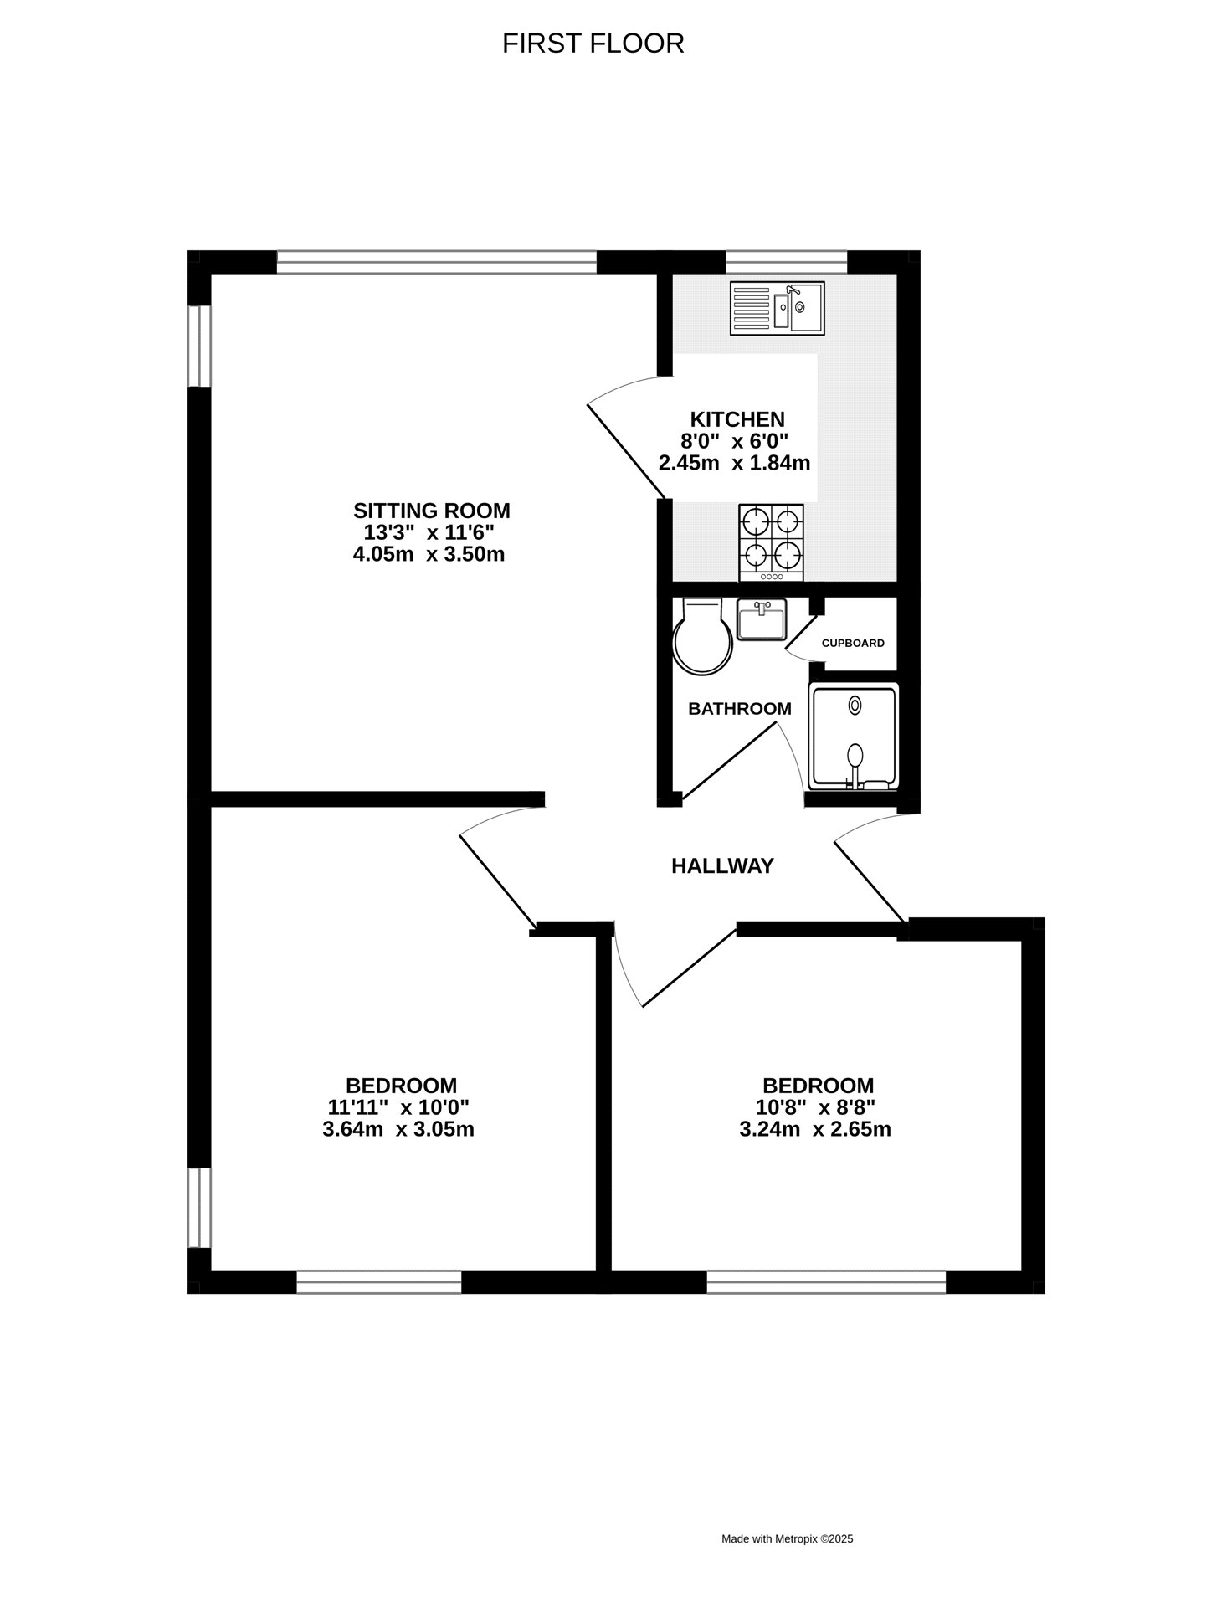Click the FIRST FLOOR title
593,44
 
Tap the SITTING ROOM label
432,511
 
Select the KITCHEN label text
737,419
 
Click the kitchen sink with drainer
778,308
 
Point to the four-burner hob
772,542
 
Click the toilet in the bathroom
702,636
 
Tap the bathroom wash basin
762,620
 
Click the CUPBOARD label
853,644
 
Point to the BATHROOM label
740,709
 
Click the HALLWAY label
723,866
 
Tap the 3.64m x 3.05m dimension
398,1129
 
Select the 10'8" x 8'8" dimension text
816,1107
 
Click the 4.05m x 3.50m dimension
429,554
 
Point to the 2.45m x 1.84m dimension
735,463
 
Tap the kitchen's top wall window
787,262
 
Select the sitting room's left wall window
199,347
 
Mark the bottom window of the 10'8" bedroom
827,1282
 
